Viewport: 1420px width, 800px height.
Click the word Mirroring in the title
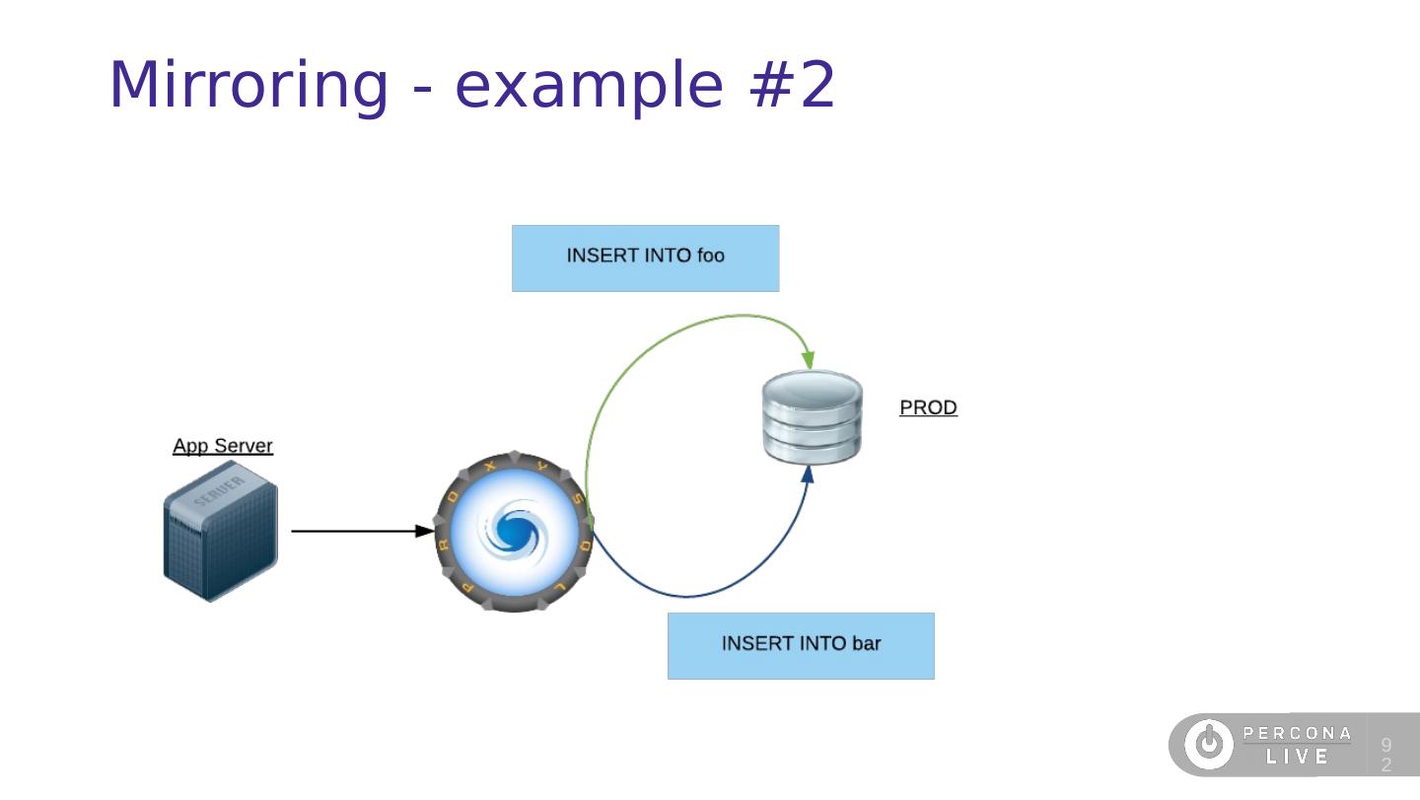248,86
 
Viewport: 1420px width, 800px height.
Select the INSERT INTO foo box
645,258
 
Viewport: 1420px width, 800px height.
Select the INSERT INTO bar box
800,646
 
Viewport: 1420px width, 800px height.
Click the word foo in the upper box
710,256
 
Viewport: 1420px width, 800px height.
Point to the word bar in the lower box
865,644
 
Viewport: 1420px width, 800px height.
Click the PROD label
928,407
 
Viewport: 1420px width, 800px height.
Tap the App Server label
223,446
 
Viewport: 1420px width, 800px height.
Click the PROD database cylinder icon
813,417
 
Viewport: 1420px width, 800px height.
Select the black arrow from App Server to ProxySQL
360,531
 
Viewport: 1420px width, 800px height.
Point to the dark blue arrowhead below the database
808,475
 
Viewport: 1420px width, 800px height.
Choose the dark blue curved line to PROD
690,596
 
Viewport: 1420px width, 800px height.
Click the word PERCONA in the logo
1297,733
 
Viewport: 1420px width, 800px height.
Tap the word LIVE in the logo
1297,758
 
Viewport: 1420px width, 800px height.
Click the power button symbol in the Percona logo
1208,745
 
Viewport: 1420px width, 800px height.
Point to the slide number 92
1386,755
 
